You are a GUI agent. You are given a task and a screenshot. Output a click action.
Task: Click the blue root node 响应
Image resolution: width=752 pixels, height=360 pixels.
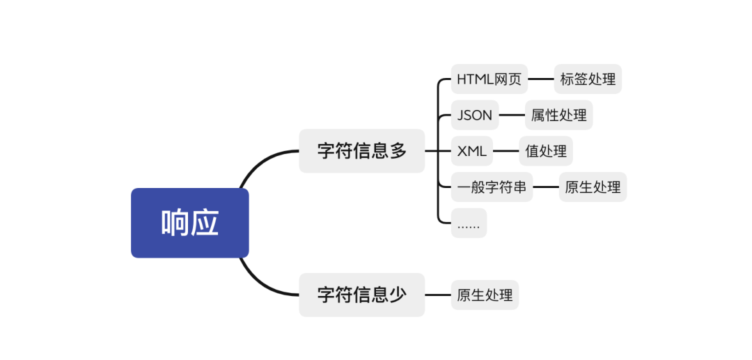click(189, 223)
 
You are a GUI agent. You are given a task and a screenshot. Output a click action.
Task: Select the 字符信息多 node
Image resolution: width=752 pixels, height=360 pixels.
click(361, 150)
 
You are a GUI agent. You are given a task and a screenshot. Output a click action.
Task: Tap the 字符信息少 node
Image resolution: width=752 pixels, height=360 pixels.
click(361, 295)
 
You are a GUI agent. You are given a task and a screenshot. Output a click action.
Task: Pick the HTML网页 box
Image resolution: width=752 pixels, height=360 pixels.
click(489, 79)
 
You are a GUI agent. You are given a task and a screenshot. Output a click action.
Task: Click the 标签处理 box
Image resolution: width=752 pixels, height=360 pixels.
click(588, 79)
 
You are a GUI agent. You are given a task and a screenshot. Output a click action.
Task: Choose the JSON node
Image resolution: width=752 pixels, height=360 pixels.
click(475, 115)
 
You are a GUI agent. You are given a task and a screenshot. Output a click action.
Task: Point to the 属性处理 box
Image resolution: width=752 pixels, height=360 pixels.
click(558, 115)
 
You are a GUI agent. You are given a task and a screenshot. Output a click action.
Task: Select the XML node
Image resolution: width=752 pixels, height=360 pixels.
click(471, 150)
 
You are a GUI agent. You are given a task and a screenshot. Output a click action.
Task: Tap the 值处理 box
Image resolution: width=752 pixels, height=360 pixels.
click(546, 150)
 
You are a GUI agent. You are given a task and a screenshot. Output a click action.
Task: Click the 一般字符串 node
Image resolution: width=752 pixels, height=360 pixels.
click(492, 187)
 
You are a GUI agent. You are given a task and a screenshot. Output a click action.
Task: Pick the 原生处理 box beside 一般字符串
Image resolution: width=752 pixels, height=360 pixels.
click(593, 187)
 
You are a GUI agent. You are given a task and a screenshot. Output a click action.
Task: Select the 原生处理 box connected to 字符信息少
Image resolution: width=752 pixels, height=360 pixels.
click(485, 295)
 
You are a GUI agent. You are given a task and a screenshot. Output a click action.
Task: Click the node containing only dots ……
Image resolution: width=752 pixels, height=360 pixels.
click(469, 223)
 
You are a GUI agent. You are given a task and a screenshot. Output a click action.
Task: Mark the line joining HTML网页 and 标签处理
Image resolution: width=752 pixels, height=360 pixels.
click(540, 79)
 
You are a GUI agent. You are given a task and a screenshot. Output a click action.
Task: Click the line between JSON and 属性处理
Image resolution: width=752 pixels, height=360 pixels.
click(512, 115)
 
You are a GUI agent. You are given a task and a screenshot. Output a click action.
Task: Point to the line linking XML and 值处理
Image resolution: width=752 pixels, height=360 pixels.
click(506, 150)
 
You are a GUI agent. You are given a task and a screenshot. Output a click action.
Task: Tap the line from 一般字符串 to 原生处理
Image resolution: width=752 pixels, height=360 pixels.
click(546, 187)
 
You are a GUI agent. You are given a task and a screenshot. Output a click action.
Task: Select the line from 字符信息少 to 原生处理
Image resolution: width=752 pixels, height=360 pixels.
click(437, 295)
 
